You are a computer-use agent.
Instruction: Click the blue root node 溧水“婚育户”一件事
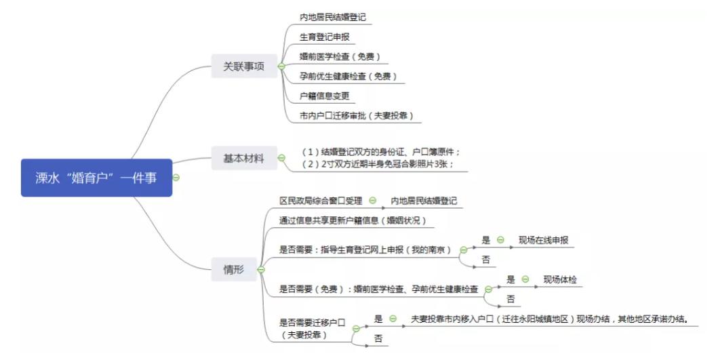click(96, 178)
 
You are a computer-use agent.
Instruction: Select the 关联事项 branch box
click(244, 66)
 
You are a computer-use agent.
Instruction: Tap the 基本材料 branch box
click(244, 158)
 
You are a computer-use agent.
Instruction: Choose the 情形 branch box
click(234, 269)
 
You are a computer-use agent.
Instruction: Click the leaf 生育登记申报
click(324, 37)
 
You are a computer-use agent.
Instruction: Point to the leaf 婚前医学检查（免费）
click(340, 57)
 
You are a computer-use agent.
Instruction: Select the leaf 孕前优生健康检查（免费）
click(349, 77)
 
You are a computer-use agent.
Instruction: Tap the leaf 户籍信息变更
click(324, 96)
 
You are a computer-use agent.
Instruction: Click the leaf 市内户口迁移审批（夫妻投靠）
click(357, 115)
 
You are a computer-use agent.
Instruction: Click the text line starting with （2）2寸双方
click(378, 164)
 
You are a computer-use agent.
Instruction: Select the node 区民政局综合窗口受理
click(321, 201)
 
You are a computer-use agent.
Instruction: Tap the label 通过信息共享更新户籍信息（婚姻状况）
click(353, 220)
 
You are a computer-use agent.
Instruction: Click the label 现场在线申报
click(543, 240)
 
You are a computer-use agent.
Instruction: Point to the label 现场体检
click(560, 279)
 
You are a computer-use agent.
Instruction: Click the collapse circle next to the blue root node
click(176, 178)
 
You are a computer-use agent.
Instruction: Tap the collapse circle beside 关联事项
click(281, 66)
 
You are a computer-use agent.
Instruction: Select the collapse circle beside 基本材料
click(281, 158)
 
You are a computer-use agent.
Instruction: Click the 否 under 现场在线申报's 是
click(486, 260)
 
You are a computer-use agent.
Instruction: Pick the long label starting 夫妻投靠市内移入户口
click(550, 319)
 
